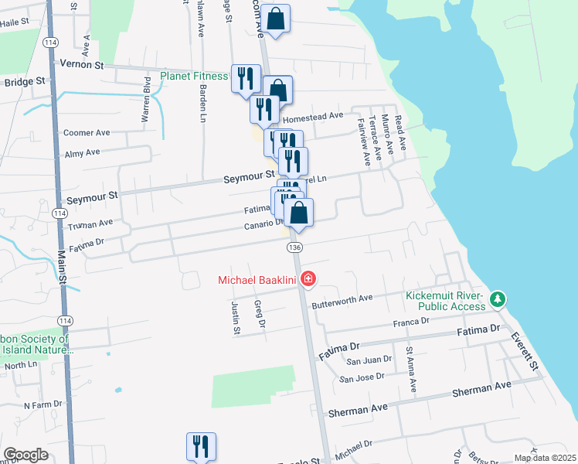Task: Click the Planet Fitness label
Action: pyautogui.click(x=194, y=76)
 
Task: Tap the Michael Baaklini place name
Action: pyautogui.click(x=259, y=279)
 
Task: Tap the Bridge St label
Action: pyautogui.click(x=24, y=82)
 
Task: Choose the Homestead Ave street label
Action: pyautogui.click(x=313, y=117)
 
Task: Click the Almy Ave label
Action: pyautogui.click(x=83, y=154)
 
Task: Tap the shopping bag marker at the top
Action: pyautogui.click(x=276, y=18)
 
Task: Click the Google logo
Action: pyautogui.click(x=25, y=455)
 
